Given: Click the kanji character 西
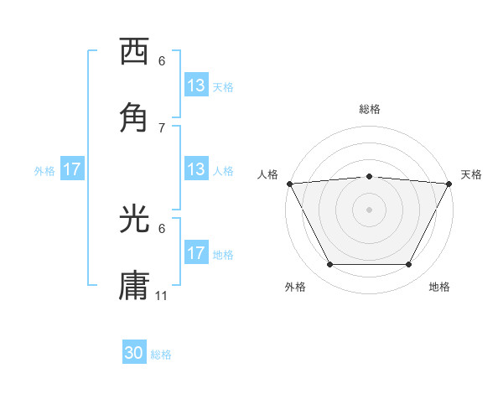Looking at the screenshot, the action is pos(135,52).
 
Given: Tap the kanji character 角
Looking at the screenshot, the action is pos(135,118).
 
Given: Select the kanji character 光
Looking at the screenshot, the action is pos(135,219).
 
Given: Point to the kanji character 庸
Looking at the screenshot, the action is pos(135,286).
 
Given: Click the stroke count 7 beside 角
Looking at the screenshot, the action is pos(162,127).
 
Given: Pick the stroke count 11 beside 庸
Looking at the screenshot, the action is pos(162,296).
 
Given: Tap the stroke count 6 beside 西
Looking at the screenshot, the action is pos(162,61).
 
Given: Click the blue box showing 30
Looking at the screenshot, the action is pos(134,354).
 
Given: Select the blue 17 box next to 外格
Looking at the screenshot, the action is pos(71,170).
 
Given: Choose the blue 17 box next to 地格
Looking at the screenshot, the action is pos(196,253).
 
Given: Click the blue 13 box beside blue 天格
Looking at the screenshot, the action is pos(196,86).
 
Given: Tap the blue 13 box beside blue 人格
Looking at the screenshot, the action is pos(196,169).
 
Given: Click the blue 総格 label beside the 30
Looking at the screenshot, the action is pos(161,355).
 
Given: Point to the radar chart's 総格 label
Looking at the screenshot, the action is pos(370,109).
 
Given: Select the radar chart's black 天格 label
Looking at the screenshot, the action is pos(471,174).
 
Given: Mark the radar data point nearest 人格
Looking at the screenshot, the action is pos(289,183).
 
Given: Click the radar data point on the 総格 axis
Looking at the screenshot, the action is pos(370,176).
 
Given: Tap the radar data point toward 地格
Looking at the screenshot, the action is pos(409,265).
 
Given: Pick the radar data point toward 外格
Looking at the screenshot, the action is pos(329,265).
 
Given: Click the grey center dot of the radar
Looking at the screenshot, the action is pos(370,210).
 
